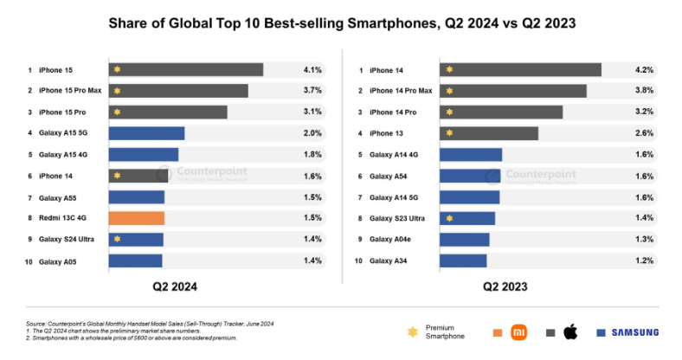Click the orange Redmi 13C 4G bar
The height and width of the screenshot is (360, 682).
pyautogui.click(x=136, y=218)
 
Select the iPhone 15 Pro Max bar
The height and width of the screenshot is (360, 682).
pyautogui.click(x=177, y=91)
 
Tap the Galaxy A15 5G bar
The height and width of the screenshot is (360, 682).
pyautogui.click(x=146, y=133)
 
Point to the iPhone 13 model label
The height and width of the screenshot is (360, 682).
pyautogui.click(x=386, y=133)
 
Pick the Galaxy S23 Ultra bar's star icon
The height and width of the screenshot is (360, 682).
pyautogui.click(x=449, y=218)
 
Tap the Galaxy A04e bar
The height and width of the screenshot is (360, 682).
pyautogui.click(x=464, y=239)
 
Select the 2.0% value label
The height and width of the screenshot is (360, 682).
pyautogui.click(x=312, y=133)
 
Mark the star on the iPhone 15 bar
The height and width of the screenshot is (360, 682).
pyautogui.click(x=117, y=69)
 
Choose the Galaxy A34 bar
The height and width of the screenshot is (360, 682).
pyautogui.click(x=463, y=260)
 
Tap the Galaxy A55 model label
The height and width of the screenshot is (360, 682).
pyautogui.click(x=57, y=196)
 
